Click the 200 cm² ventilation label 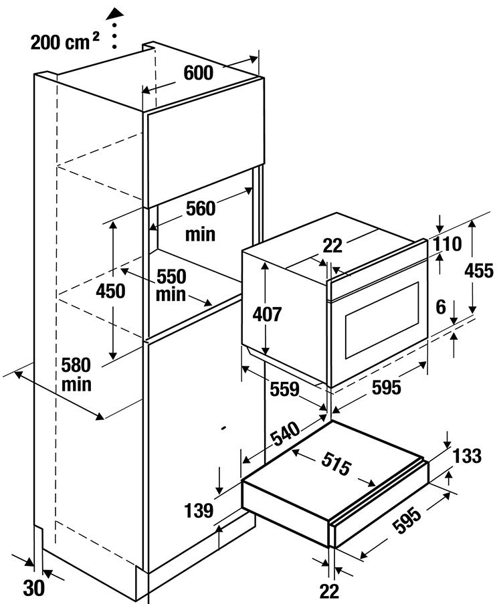[64, 41]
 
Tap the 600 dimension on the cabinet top [199, 73]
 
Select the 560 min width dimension [201, 221]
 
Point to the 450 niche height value [110, 291]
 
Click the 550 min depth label [171, 286]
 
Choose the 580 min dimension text [76, 375]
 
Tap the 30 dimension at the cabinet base [34, 588]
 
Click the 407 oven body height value [267, 315]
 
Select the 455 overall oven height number [478, 271]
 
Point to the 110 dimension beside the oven [448, 244]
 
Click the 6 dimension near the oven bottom [441, 307]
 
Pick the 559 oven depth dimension [284, 389]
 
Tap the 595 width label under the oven [387, 387]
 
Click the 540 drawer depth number [286, 433]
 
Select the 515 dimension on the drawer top [336, 464]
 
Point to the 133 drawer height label [467, 456]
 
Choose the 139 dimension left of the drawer [199, 511]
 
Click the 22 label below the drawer [329, 591]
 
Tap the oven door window [382, 320]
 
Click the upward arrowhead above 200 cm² [115, 14]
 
